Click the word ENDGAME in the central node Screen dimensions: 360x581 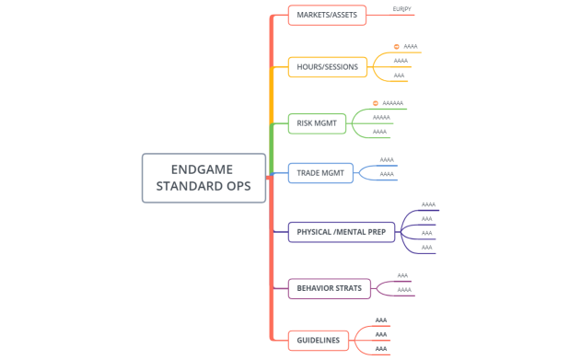[203, 169]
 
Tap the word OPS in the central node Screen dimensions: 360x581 [234, 186]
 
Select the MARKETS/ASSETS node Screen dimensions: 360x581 [327, 15]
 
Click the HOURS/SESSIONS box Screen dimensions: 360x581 [329, 67]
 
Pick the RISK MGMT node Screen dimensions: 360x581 [317, 122]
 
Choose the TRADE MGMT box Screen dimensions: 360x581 [320, 172]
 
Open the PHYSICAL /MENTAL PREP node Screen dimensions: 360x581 [341, 232]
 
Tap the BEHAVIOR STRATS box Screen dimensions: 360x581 [329, 288]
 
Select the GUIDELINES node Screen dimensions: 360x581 [318, 341]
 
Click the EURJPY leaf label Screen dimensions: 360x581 [401, 9]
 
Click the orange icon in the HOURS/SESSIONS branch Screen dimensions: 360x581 [396, 46]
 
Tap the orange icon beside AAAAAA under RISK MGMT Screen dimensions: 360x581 [376, 103]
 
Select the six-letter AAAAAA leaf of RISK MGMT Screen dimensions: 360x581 [393, 103]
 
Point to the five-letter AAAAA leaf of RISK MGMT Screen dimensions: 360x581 [381, 118]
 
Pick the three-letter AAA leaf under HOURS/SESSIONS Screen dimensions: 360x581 [400, 75]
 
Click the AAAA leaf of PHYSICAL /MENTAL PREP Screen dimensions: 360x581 [428, 204]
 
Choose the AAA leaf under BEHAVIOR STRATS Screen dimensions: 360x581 [402, 275]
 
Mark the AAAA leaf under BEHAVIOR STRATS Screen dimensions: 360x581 [404, 290]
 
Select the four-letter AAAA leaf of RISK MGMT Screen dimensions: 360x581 [380, 132]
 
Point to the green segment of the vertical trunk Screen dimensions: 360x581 [272, 147]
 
